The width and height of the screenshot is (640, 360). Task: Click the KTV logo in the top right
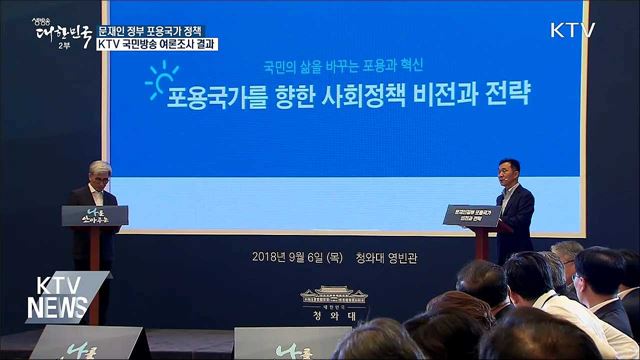click(572, 30)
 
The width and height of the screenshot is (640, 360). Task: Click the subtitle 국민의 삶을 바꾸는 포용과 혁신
click(343, 63)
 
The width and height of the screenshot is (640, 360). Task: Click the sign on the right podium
click(472, 215)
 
